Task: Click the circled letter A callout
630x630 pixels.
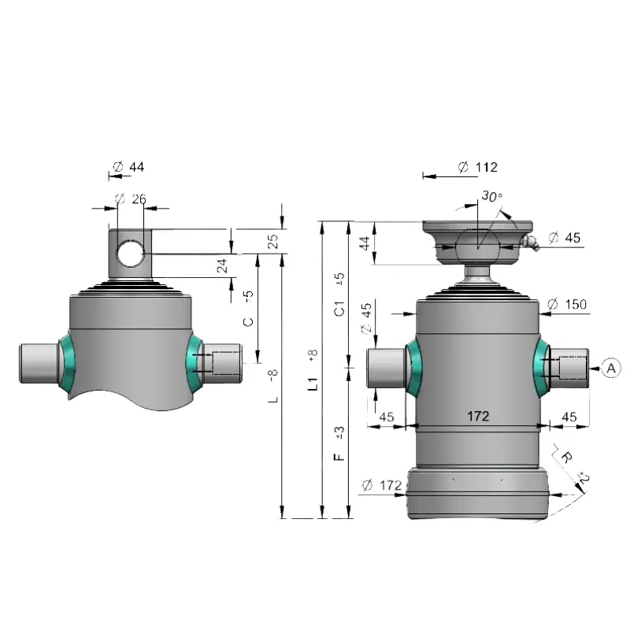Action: (x=611, y=368)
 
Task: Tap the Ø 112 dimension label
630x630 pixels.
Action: (x=478, y=167)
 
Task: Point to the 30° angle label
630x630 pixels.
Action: (x=491, y=196)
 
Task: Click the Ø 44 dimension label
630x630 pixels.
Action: (x=128, y=166)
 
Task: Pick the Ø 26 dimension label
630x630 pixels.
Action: (x=131, y=198)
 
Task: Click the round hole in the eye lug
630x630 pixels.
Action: (x=130, y=254)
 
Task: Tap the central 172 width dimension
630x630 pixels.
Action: (x=478, y=416)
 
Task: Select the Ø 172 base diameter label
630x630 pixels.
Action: (x=381, y=485)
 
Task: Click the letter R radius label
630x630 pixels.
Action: (x=566, y=458)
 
